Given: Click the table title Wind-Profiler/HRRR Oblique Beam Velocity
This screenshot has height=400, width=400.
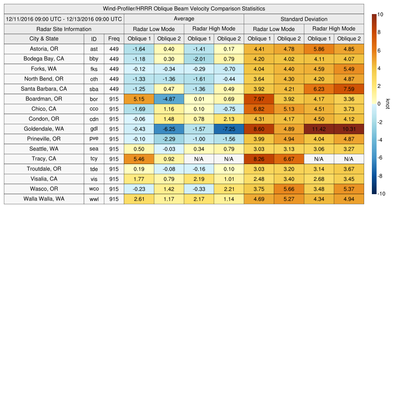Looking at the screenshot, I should (x=184, y=9).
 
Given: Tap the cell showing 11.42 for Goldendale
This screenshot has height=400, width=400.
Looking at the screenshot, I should (x=319, y=129).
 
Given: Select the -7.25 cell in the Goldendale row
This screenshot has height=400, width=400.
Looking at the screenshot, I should (x=229, y=129).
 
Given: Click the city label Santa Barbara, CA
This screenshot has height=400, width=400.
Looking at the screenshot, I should (x=44, y=89).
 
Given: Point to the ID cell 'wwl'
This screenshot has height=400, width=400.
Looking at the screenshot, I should (x=94, y=199).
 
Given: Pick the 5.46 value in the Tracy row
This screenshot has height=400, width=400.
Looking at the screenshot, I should (x=139, y=159).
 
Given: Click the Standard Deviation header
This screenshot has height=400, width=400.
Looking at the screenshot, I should (x=304, y=19).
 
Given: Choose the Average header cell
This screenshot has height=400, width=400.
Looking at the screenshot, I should (x=184, y=19).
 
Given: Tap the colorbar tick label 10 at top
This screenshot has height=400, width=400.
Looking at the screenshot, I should (x=380, y=15).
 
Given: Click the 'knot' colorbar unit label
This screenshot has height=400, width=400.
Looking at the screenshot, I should (x=387, y=104).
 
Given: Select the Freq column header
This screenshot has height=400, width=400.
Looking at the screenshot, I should (x=114, y=39).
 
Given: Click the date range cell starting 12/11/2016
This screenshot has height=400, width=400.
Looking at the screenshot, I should (x=64, y=19).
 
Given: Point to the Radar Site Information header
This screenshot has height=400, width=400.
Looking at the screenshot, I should (x=64, y=29).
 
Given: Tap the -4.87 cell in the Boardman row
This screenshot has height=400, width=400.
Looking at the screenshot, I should (x=169, y=99).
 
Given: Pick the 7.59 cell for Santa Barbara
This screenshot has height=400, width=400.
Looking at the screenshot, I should (x=349, y=89).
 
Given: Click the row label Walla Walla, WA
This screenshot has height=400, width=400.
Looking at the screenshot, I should (x=44, y=199).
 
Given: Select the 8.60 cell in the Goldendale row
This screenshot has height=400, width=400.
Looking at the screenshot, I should (x=259, y=129).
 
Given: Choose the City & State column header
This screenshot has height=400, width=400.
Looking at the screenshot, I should (x=44, y=39).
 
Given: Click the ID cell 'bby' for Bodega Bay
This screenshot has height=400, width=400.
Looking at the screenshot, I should (x=94, y=59).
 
